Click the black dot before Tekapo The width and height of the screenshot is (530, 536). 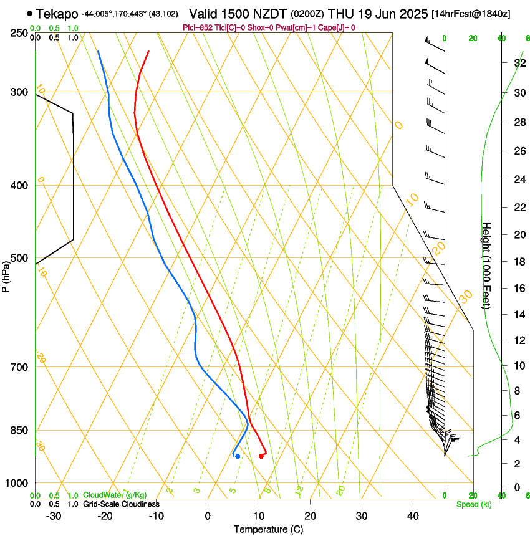pyautogui.click(x=29, y=13)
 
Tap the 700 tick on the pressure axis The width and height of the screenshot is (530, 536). pyautogui.click(x=19, y=367)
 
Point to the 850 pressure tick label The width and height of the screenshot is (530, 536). pyautogui.click(x=19, y=431)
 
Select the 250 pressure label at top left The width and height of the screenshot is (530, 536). pyautogui.click(x=19, y=32)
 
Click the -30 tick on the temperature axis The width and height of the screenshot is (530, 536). pyautogui.click(x=54, y=515)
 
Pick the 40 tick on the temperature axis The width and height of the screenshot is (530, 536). pyautogui.click(x=413, y=515)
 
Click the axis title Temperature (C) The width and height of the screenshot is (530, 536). pyautogui.click(x=267, y=529)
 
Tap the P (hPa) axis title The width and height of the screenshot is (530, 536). pyautogui.click(x=6, y=275)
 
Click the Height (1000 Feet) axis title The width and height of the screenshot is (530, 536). pyautogui.click(x=487, y=265)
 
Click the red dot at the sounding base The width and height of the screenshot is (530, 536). pyautogui.click(x=261, y=456)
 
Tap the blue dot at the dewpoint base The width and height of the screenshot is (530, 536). pyautogui.click(x=238, y=456)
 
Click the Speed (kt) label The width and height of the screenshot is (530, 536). pyautogui.click(x=473, y=504)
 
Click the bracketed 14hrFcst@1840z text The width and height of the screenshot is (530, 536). pyautogui.click(x=471, y=14)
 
